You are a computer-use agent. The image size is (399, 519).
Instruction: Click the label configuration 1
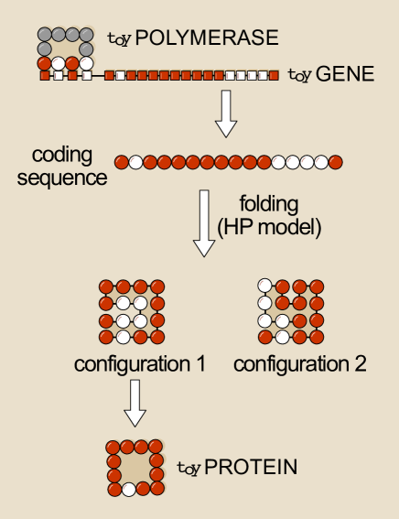[x=139, y=364]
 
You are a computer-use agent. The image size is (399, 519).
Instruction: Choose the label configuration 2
[x=300, y=364]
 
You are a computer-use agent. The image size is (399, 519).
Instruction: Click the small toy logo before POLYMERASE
[x=119, y=40]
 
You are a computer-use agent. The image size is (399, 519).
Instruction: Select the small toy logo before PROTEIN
[x=188, y=470]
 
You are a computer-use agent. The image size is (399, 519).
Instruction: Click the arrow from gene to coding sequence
[x=224, y=113]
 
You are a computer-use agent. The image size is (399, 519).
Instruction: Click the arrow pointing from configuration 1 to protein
[x=135, y=403]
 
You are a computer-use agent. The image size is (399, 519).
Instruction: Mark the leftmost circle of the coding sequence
[x=121, y=162]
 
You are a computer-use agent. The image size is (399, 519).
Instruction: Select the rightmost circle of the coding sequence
[x=336, y=162]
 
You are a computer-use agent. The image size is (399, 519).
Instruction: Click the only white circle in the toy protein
[x=129, y=490]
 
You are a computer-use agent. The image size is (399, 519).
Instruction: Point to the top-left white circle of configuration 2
[x=264, y=286]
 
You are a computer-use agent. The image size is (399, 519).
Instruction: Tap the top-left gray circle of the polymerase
[x=44, y=34]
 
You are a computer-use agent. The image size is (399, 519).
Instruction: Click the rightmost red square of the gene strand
[x=274, y=75]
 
